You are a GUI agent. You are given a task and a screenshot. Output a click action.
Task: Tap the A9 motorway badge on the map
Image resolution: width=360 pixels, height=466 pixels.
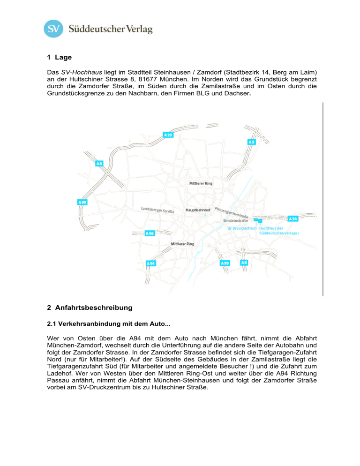click(x=252, y=142)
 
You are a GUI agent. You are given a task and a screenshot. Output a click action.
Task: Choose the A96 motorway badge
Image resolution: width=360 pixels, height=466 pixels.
click(x=150, y=233)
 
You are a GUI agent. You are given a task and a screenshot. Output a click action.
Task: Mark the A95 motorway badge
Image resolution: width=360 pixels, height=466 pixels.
click(x=150, y=264)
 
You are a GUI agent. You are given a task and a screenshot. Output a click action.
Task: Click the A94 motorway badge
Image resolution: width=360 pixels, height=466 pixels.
click(x=293, y=219)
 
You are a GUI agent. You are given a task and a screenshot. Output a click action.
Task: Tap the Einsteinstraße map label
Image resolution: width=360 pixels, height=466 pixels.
click(x=236, y=220)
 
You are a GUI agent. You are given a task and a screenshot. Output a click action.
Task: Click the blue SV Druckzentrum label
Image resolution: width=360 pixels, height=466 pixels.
click(x=241, y=228)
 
